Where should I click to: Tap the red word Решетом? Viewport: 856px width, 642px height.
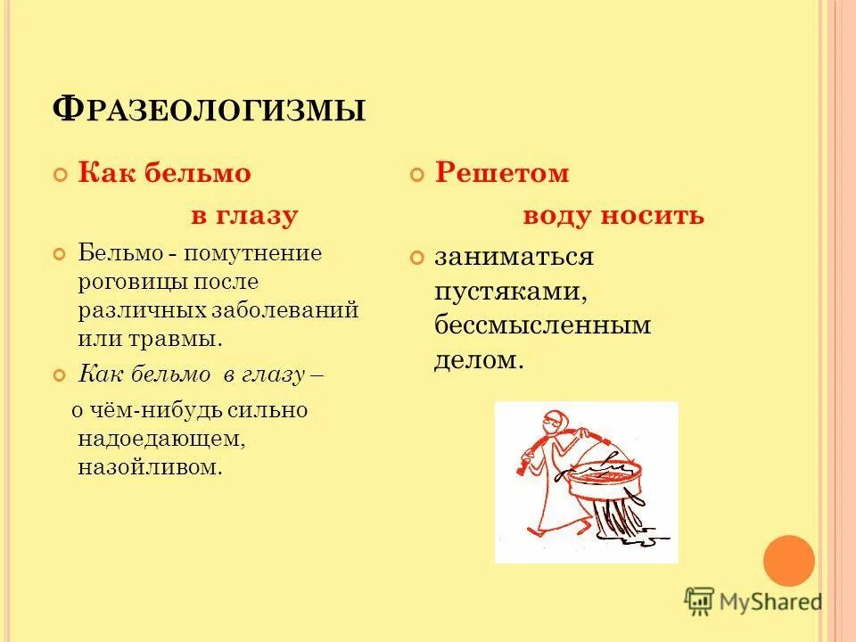[501, 173]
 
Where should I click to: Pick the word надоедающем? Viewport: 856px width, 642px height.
[160, 439]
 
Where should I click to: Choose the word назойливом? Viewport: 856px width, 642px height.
[150, 467]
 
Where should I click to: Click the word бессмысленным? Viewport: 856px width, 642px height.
[543, 325]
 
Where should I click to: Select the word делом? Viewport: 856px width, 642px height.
[476, 359]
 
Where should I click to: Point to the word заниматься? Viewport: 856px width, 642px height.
[514, 258]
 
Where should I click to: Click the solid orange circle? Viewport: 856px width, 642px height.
[789, 561]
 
